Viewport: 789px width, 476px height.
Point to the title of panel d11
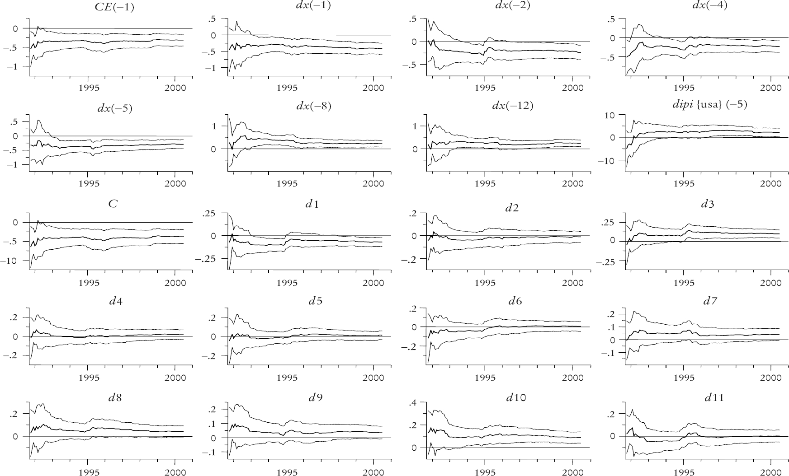714,398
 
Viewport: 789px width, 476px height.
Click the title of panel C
113,204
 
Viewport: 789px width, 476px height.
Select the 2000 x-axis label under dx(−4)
771,88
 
